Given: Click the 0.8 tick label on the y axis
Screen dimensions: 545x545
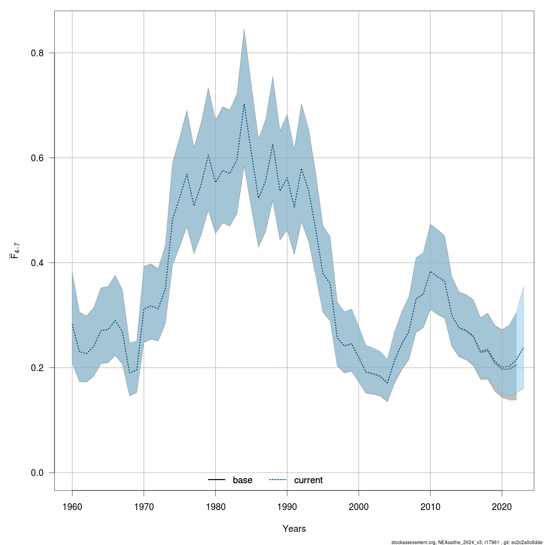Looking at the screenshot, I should [x=37, y=53].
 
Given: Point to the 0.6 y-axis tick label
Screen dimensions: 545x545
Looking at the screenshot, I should [x=37, y=158].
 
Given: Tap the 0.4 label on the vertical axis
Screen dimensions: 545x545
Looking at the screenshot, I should [x=37, y=263].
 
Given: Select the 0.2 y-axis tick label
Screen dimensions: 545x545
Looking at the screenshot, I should [x=37, y=368].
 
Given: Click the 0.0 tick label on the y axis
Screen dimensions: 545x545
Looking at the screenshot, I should [x=37, y=473].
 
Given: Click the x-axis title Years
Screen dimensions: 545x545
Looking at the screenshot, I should [x=294, y=529].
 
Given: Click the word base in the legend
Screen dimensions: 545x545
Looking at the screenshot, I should [x=243, y=480].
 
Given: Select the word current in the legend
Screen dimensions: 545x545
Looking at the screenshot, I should [x=308, y=480].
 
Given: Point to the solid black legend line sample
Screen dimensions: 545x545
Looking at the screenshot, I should [x=217, y=480].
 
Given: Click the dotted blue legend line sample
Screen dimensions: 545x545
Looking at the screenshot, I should [x=278, y=480].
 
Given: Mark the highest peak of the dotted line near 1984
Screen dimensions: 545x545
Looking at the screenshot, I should [x=244, y=104].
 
